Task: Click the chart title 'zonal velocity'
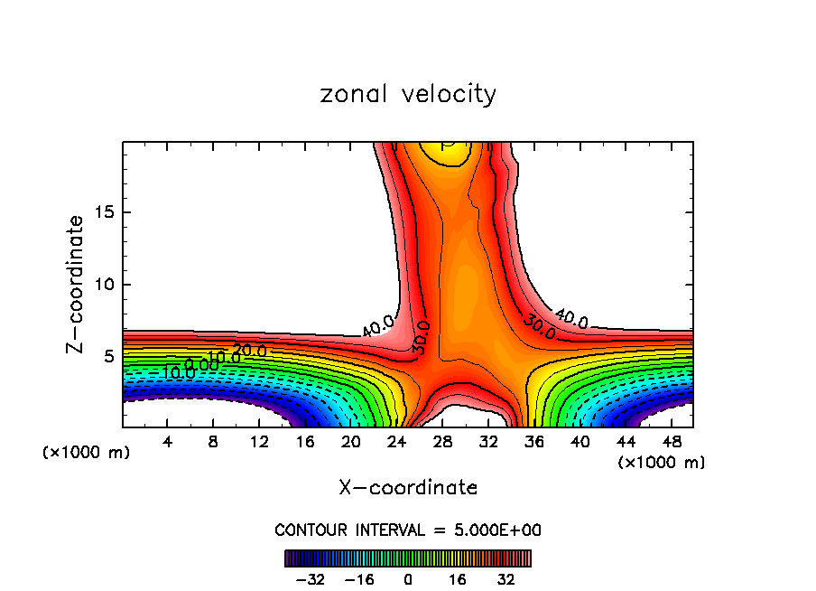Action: coord(408,94)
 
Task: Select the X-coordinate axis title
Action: coord(408,488)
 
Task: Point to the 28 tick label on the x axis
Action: coord(442,441)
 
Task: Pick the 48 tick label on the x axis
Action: coord(671,441)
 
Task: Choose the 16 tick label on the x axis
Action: coord(305,441)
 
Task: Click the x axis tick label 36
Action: coord(533,441)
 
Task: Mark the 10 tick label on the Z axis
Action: coord(106,285)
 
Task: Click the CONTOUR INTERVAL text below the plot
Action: coord(408,530)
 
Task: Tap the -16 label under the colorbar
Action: coord(360,578)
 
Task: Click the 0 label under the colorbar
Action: coord(408,578)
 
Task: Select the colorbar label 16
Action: coord(457,578)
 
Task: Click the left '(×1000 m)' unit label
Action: coord(87,453)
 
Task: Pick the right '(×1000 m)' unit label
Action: coord(661,463)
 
